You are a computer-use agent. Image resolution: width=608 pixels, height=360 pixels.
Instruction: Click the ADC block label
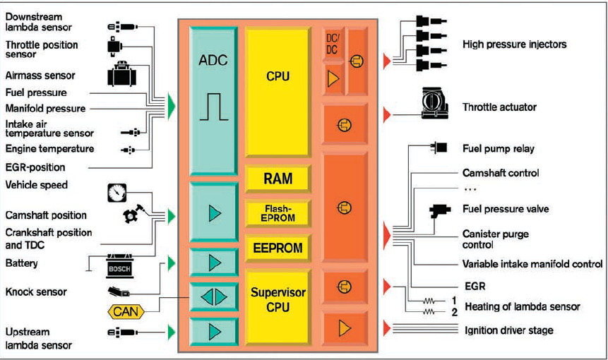point(213,60)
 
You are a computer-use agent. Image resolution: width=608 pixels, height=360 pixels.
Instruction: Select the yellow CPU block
point(278,76)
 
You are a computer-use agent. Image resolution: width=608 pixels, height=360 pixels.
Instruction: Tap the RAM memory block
point(278,179)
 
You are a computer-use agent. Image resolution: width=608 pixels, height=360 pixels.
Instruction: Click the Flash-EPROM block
point(278,213)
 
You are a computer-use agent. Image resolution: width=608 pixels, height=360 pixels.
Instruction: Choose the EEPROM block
point(278,248)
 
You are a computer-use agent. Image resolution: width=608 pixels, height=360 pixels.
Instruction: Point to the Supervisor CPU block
point(278,299)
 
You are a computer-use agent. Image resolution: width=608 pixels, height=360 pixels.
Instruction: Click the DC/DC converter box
point(333,43)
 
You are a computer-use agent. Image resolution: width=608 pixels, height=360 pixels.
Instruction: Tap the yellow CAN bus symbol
point(125,311)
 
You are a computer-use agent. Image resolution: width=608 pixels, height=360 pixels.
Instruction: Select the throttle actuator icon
point(434,103)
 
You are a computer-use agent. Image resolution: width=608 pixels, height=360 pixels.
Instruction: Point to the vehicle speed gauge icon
point(117,192)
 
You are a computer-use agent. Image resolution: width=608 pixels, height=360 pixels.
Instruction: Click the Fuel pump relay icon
point(438,148)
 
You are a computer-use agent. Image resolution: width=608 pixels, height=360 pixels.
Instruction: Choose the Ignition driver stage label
point(508,330)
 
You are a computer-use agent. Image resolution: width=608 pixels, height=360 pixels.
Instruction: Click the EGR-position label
point(35,167)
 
